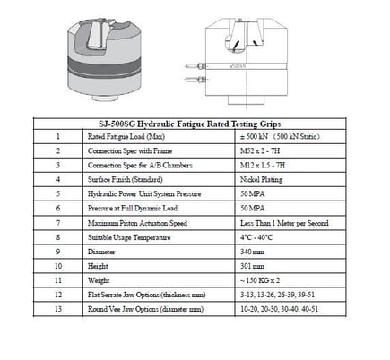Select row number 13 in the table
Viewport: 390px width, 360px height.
(56, 307)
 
